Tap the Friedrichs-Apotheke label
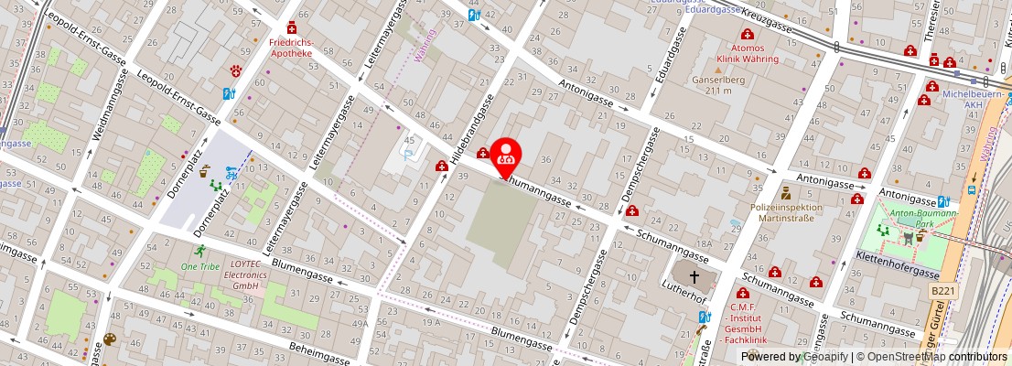tap(291, 48)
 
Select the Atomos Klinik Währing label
tap(747, 53)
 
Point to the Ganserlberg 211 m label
tap(714, 85)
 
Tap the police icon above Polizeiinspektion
tap(785, 192)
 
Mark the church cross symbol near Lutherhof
tap(694, 275)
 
